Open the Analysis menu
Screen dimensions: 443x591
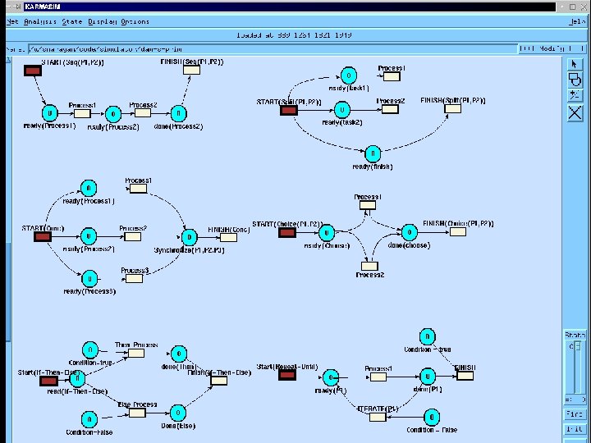click(40, 21)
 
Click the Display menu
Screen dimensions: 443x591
click(102, 21)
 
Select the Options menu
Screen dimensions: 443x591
click(135, 21)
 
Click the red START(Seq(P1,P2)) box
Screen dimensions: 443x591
click(33, 71)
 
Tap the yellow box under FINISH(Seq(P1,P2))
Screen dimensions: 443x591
click(191, 71)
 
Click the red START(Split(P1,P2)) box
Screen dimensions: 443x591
click(288, 110)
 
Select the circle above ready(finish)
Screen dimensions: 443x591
click(373, 153)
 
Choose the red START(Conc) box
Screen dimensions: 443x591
click(42, 236)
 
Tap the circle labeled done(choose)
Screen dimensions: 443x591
click(408, 233)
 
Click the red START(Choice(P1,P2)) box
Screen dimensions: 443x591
click(287, 233)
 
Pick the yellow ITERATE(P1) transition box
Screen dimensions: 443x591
click(377, 417)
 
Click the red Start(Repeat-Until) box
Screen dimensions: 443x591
click(286, 376)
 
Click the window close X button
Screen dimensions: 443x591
click(584, 7)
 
